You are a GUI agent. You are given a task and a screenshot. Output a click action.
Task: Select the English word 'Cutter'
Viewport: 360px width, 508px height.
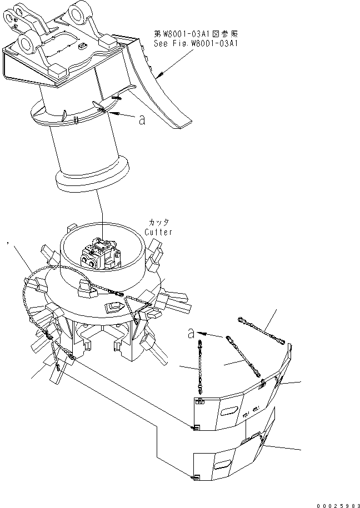point(158,232)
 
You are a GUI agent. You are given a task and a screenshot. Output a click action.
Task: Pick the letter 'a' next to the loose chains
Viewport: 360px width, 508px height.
point(192,333)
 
